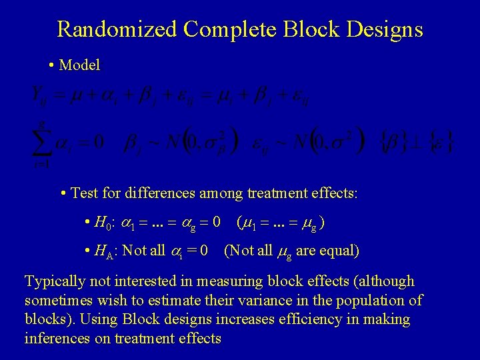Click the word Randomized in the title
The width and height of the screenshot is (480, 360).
click(x=117, y=29)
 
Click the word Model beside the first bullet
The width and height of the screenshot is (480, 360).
click(x=79, y=65)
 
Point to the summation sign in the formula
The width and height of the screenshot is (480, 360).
click(x=43, y=142)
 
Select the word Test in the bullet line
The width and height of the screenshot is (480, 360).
click(x=84, y=193)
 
